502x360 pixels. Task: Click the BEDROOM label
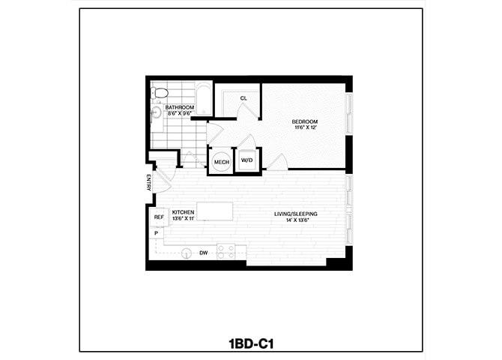306,121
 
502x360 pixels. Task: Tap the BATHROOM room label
180,108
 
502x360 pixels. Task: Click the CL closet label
244,98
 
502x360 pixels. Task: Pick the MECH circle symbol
221,162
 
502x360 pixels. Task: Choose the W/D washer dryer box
247,161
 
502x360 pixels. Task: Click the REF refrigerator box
159,217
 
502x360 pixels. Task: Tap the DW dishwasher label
203,253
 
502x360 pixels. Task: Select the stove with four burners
226,251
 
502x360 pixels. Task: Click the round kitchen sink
187,253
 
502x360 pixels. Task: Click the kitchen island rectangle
214,211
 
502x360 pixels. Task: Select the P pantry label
156,234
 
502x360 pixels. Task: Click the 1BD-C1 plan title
251,344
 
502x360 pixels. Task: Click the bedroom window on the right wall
348,115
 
